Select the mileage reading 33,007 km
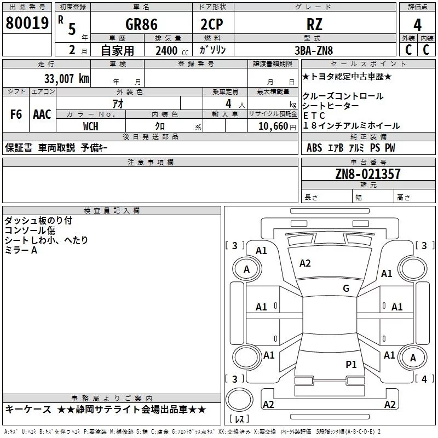point(67,78)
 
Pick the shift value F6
point(16,114)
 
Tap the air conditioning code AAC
point(42,114)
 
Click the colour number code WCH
point(91,126)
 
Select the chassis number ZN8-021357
point(367,174)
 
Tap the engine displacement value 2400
point(166,50)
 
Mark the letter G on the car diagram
point(346,288)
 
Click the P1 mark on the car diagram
point(351,364)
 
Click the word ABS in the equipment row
point(314,148)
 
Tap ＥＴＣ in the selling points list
point(314,116)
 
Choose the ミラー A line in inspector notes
point(21,250)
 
